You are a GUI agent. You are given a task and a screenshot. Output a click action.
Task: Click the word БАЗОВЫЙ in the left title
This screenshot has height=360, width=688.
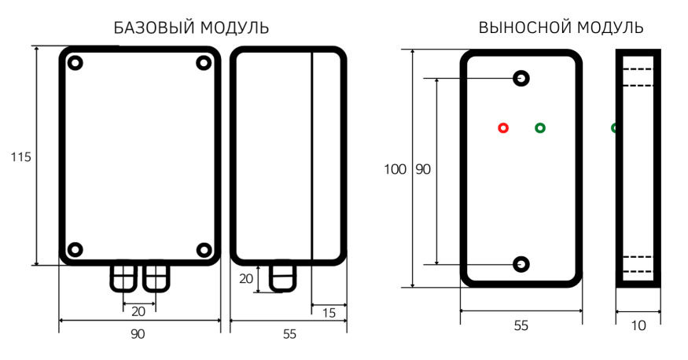[154, 28]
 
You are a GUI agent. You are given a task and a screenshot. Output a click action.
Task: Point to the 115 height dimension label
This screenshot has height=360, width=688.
[21, 156]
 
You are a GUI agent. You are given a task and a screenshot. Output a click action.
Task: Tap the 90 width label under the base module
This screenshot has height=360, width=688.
[138, 334]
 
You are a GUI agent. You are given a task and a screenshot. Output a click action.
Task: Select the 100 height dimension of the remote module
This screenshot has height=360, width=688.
[395, 169]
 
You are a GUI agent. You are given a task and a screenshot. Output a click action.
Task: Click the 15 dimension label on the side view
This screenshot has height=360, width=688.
[329, 313]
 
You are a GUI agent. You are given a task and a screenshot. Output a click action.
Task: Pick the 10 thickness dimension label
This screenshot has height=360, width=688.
[638, 325]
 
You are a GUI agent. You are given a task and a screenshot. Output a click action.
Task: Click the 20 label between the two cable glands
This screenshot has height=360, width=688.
[138, 311]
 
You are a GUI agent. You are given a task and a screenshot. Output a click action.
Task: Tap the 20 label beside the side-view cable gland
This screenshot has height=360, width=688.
[246, 278]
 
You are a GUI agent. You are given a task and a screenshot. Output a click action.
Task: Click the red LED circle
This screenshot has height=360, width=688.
[503, 128]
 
